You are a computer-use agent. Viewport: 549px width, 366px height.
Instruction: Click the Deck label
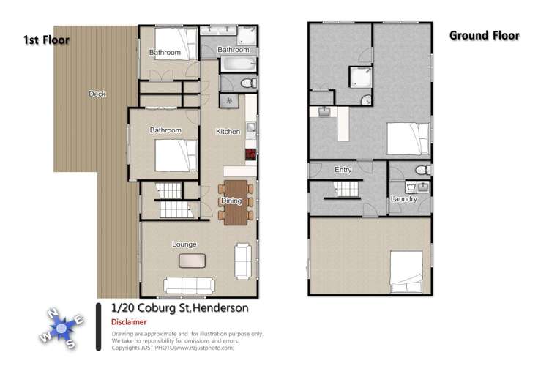pyautogui.click(x=97, y=94)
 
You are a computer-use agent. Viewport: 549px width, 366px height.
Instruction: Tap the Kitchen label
pyautogui.click(x=228, y=132)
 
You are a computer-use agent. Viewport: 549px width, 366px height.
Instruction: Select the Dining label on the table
pyautogui.click(x=231, y=200)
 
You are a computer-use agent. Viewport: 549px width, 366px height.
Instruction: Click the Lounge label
pyautogui.click(x=184, y=244)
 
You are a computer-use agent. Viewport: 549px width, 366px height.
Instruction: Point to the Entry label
pyautogui.click(x=343, y=170)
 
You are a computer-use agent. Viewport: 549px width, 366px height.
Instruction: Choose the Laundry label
pyautogui.click(x=403, y=199)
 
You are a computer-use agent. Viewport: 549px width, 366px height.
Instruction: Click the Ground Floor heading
pyautogui.click(x=484, y=35)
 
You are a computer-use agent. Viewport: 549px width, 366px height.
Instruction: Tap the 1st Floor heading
pyautogui.click(x=46, y=40)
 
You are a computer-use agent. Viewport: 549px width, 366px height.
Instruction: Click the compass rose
pyautogui.click(x=63, y=326)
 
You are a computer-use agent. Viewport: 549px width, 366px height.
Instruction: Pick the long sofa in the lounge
pyautogui.click(x=188, y=285)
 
